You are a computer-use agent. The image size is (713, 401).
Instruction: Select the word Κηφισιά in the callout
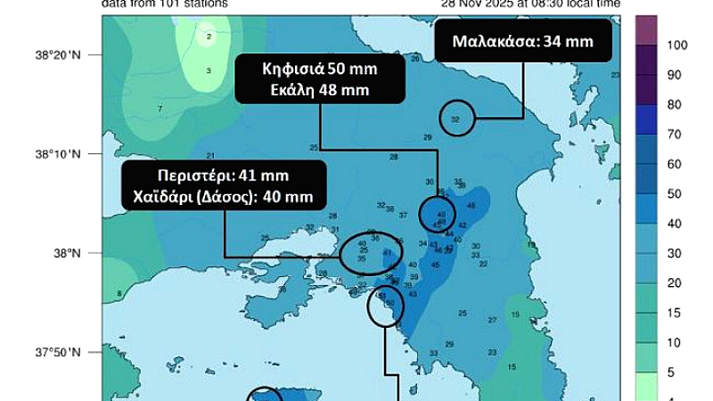(287, 70)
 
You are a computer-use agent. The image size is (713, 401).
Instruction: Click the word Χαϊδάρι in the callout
(164, 196)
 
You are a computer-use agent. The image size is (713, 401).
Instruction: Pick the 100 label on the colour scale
(676, 44)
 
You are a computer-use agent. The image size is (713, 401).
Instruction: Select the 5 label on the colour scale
(670, 372)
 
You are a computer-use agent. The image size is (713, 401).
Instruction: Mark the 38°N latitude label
(69, 253)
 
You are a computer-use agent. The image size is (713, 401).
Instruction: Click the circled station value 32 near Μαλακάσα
(455, 119)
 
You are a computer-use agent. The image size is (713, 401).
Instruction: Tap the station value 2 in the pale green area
(209, 37)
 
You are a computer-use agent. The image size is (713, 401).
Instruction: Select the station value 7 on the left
(160, 109)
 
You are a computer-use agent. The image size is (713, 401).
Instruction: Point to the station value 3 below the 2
(209, 70)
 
